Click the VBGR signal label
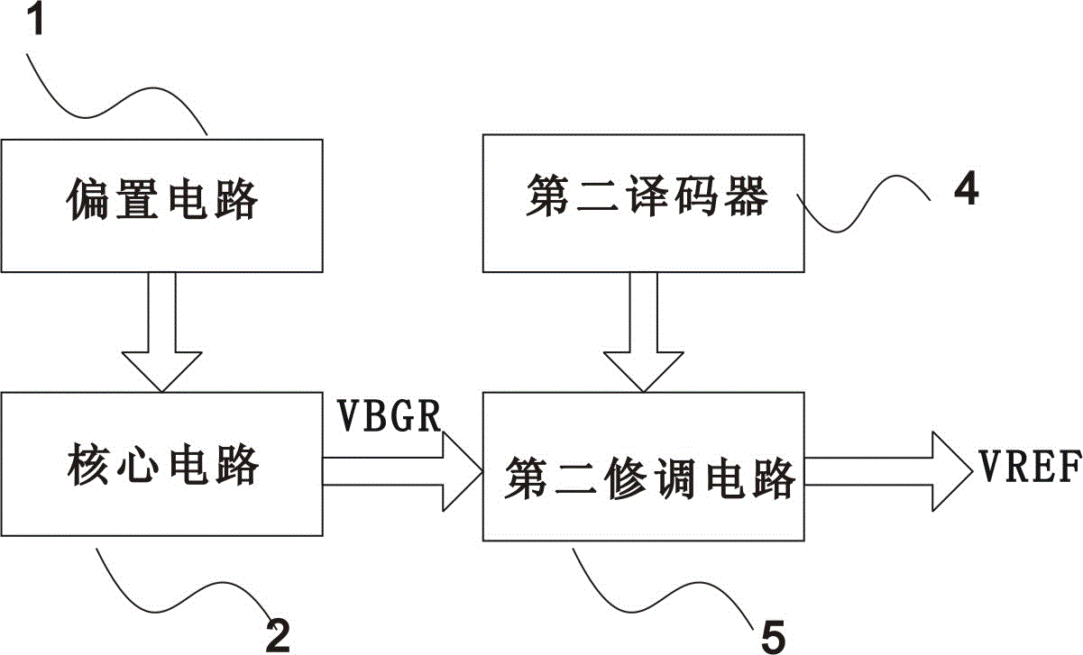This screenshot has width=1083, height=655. [x=390, y=415]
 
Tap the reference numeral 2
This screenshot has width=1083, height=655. [x=276, y=632]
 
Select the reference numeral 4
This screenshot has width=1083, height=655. [x=965, y=190]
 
